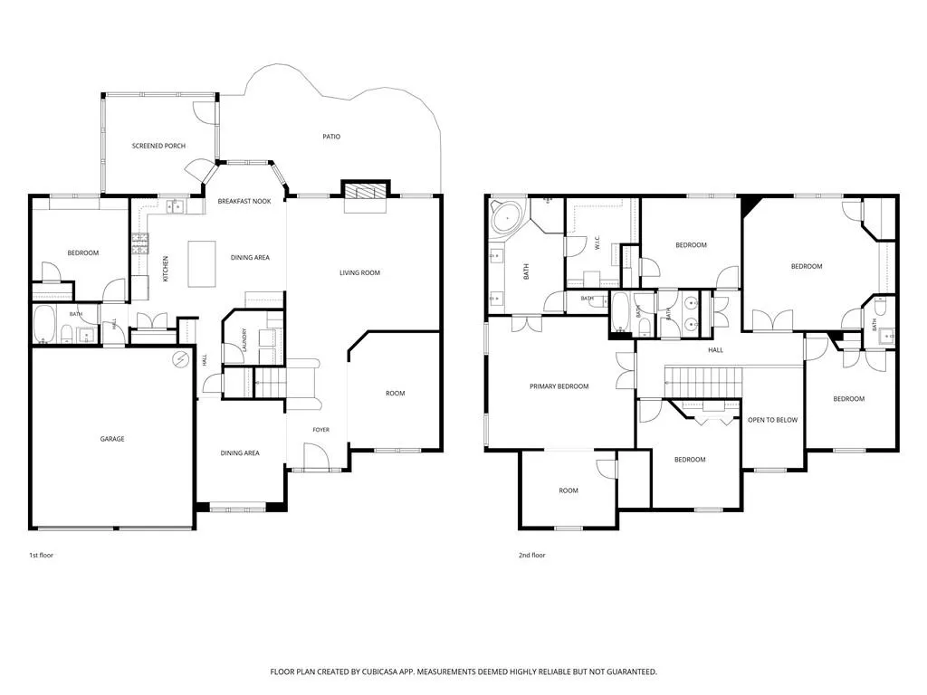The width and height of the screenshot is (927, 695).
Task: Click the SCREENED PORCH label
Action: pos(158,146)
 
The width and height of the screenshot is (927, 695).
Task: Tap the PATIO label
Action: pos(331,137)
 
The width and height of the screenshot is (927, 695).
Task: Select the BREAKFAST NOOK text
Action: pos(244,202)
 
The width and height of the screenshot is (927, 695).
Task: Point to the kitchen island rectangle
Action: pos(202,263)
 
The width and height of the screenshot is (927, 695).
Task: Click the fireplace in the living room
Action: pos(366,191)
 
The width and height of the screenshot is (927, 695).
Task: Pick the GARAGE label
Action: pos(111,439)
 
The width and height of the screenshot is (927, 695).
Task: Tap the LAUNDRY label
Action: pos(244,340)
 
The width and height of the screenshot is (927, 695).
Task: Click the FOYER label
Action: pos(321,430)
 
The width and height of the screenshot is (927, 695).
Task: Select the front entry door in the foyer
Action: pos(316,456)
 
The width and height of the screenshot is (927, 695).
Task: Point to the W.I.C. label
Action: pos(597,243)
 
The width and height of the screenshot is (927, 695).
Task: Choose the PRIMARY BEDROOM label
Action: pos(559,386)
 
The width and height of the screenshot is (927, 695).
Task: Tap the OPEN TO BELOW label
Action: pos(772,420)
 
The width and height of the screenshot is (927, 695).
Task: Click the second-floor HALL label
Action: pos(715,350)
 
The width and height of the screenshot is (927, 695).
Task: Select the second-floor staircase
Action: pos(702,382)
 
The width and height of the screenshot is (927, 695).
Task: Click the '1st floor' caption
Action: pos(42,555)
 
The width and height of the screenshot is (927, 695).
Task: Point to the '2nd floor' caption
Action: pos(532,555)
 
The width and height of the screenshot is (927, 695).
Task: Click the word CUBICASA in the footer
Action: pos(385,672)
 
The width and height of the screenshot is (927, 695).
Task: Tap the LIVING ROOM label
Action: pos(359,273)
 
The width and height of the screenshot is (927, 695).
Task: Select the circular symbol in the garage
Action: pos(181,358)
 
